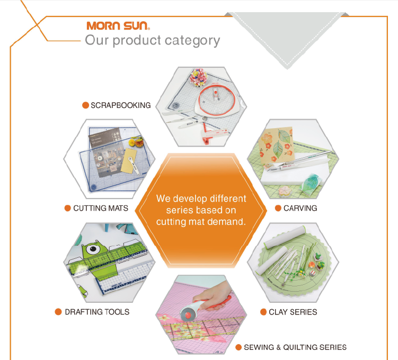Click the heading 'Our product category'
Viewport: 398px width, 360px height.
coord(152,40)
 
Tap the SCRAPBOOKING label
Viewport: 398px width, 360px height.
coord(120,105)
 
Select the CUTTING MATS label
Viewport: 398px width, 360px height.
coord(101,208)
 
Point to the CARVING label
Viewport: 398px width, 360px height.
coord(300,208)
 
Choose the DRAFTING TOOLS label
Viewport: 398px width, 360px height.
coord(97,312)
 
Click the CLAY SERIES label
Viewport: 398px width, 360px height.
coord(293,312)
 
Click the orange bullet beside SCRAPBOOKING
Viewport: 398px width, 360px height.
coord(85,105)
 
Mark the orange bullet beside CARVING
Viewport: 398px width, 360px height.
coord(278,208)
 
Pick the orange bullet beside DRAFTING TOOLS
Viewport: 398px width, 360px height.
coord(59,312)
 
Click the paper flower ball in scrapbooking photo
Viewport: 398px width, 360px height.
coord(199,78)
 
